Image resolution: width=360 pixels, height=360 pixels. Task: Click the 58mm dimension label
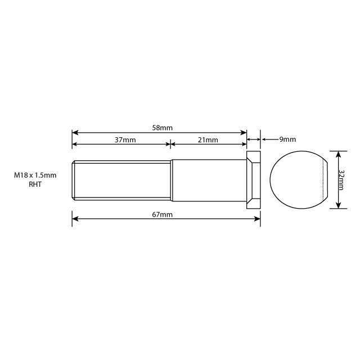coord(162,128)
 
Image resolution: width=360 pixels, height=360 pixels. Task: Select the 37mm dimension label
coord(125,139)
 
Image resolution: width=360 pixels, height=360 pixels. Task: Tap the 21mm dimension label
coord(208,139)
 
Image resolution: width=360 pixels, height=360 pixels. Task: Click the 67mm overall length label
coord(163,215)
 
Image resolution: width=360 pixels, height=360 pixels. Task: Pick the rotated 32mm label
coord(343,179)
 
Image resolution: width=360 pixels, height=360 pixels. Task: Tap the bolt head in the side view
coord(254,179)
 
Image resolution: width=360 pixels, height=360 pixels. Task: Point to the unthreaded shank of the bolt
coord(208,179)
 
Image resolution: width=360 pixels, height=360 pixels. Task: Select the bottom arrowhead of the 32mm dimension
coord(337,205)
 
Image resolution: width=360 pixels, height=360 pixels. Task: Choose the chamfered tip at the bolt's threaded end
coord(74,179)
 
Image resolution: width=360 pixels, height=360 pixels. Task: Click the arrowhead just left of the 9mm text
coord(264,139)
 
